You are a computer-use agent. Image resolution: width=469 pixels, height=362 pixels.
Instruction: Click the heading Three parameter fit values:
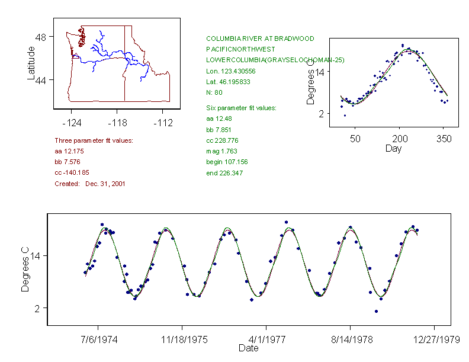tap(94, 140)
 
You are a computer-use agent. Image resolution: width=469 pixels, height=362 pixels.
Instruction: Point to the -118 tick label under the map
tap(117, 123)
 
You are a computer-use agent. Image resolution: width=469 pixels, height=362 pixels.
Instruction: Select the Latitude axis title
tap(31, 63)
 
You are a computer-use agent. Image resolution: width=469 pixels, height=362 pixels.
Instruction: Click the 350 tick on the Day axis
tap(444, 139)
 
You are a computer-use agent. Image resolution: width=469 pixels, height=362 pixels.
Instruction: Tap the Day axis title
tap(393, 148)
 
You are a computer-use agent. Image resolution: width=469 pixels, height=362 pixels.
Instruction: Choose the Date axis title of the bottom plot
tap(248, 348)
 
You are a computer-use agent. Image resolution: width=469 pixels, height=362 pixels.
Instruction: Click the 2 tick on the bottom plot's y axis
tap(36, 308)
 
